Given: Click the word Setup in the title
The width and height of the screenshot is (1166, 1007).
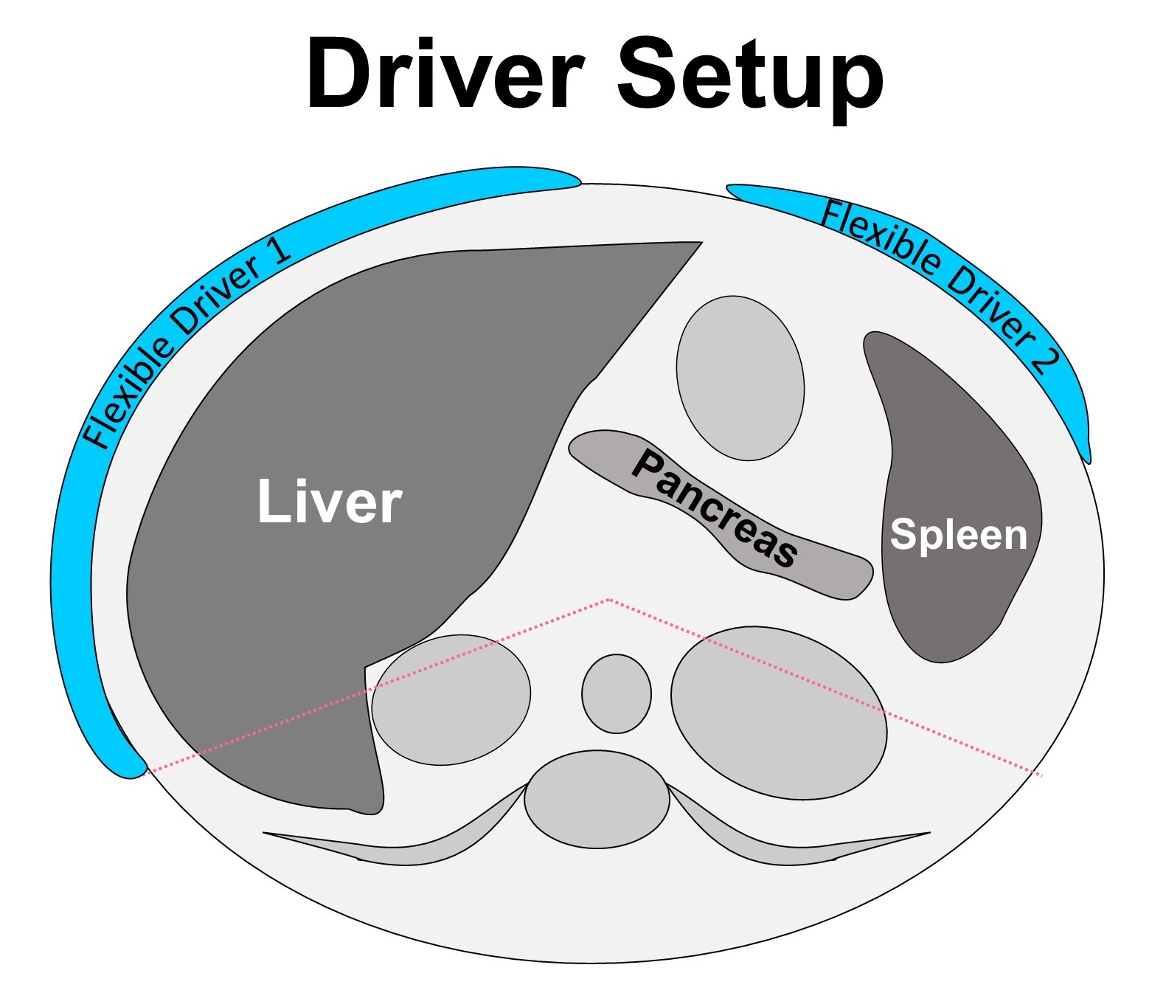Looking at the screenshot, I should pos(749,77).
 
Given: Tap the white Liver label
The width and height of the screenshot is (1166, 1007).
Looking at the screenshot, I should pos(329,502).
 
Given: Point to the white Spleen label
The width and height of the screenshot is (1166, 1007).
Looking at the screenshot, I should pos(958,534).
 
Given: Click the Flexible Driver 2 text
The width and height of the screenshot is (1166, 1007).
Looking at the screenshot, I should pos(940,285).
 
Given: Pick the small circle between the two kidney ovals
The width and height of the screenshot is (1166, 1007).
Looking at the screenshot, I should pos(616,693).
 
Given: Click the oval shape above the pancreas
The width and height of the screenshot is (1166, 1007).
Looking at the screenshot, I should pos(740,378).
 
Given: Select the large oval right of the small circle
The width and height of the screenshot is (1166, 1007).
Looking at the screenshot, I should pos(778,713).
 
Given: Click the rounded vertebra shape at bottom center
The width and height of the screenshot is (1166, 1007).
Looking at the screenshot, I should pos(597,799).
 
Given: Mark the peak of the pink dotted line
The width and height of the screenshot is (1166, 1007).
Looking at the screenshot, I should pos(608,600).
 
